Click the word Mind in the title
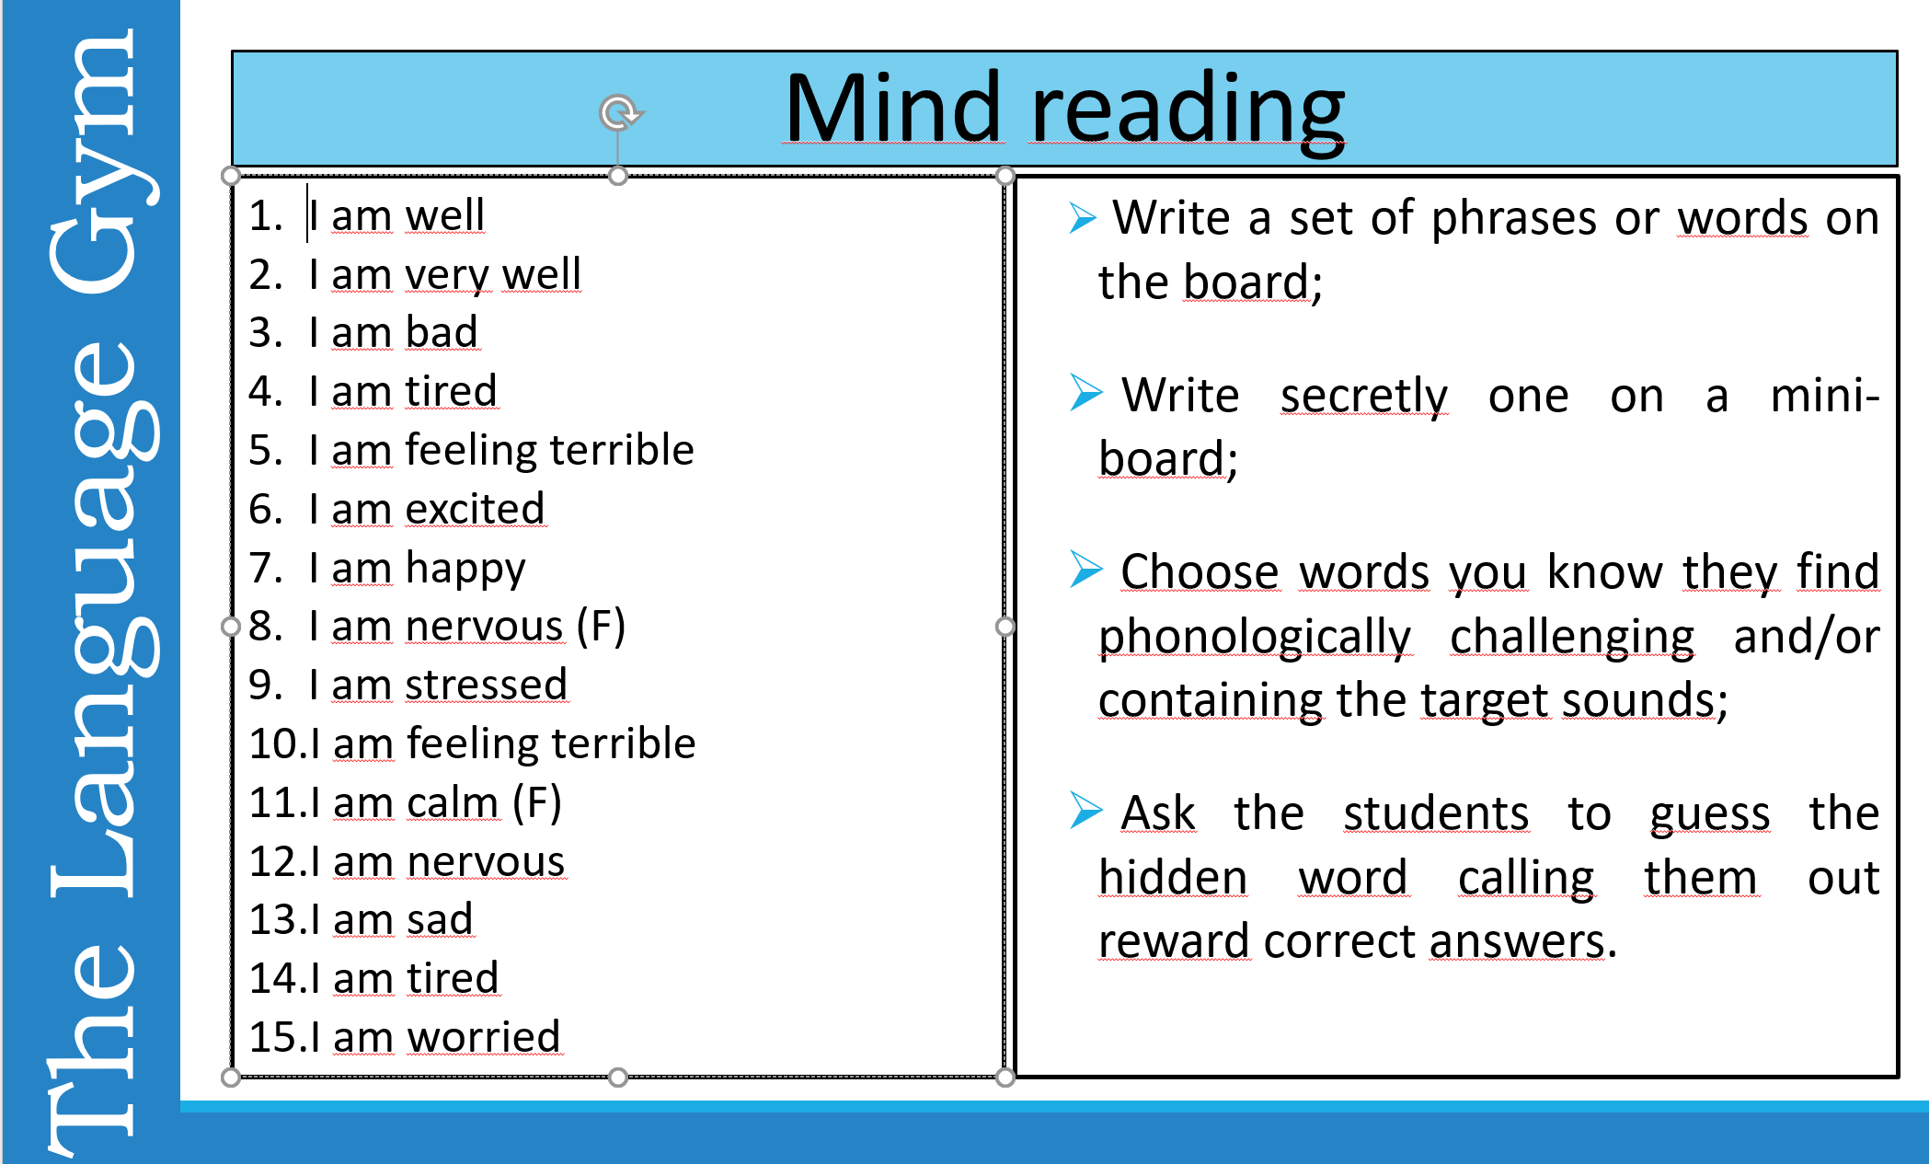(x=891, y=109)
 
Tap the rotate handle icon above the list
(x=620, y=113)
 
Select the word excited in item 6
(x=475, y=509)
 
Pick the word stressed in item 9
(x=486, y=686)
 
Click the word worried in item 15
(x=484, y=1037)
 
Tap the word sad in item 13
(x=440, y=920)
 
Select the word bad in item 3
(x=442, y=333)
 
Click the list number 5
(x=264, y=451)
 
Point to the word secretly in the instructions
(x=1363, y=397)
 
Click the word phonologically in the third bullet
(x=1255, y=637)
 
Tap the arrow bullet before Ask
(x=1085, y=811)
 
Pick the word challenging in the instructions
(x=1571, y=637)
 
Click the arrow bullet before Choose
(x=1085, y=570)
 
